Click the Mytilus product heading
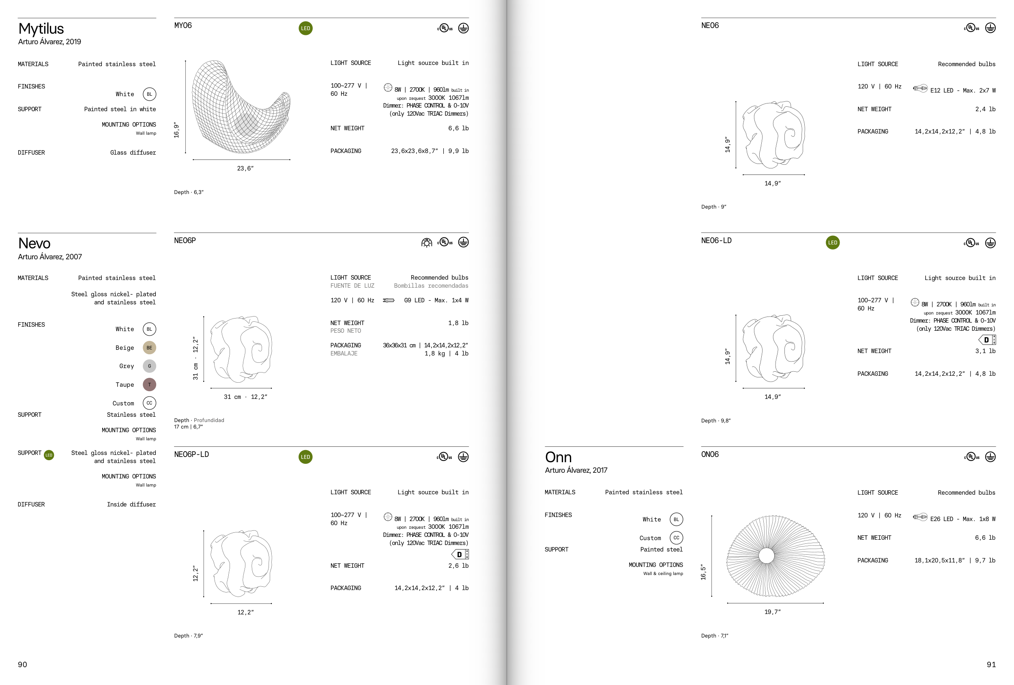41,29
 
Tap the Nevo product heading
34,243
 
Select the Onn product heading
558,457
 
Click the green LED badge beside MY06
305,28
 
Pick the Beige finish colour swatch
149,347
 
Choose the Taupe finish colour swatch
149,385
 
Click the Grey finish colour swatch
149,366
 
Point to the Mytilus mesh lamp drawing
241,107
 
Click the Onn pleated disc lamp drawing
776,556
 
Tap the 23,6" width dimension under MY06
245,168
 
